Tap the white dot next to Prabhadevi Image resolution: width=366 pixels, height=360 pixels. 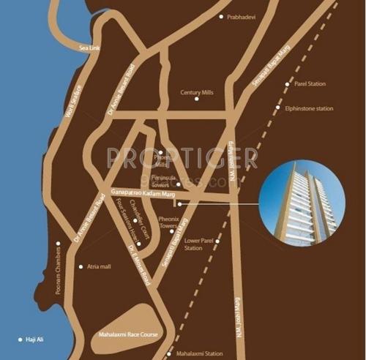222,16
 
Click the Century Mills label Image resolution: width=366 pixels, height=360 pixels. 195,93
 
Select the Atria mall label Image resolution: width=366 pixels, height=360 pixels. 98,267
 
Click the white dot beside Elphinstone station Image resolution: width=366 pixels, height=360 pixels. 277,108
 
